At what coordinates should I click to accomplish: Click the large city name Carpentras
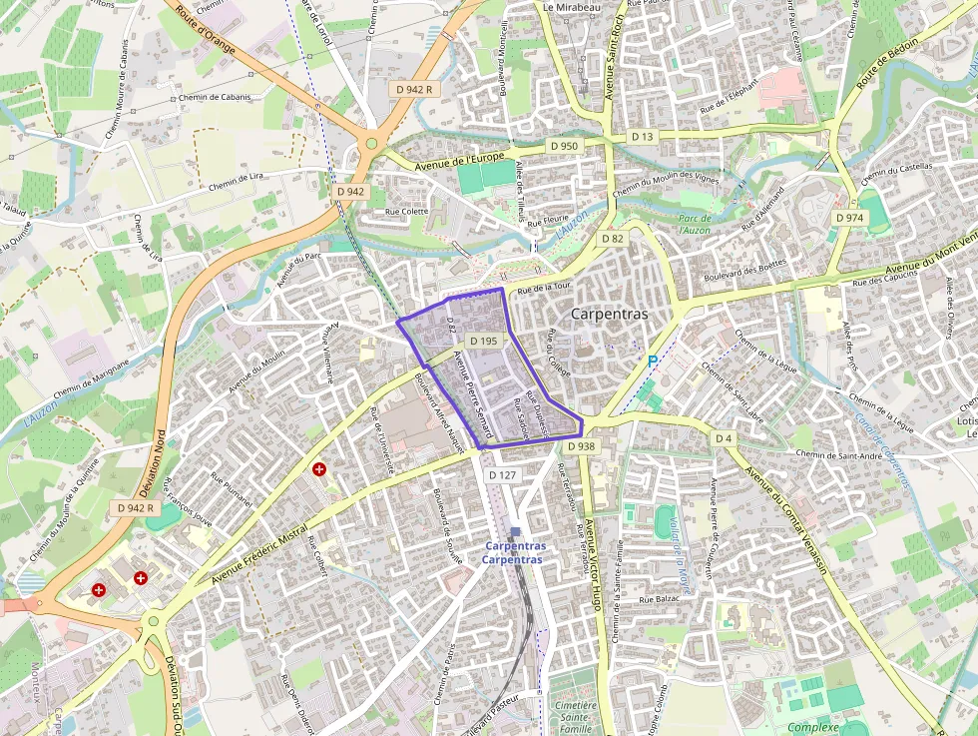click(609, 314)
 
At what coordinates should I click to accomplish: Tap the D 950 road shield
click(564, 146)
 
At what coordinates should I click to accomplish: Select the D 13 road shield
click(642, 136)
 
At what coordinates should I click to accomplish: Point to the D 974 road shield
click(848, 218)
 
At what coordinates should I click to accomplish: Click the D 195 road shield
click(482, 341)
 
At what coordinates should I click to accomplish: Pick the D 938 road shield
click(580, 446)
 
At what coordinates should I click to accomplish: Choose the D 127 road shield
click(503, 475)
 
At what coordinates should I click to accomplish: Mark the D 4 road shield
click(724, 438)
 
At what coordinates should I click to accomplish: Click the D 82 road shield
click(612, 239)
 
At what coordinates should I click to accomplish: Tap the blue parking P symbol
click(653, 361)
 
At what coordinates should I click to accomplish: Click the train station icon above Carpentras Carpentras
click(515, 532)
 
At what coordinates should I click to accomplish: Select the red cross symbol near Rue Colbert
click(319, 468)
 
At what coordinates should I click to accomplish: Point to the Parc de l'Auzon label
click(695, 224)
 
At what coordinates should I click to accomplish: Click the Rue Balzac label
click(658, 598)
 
